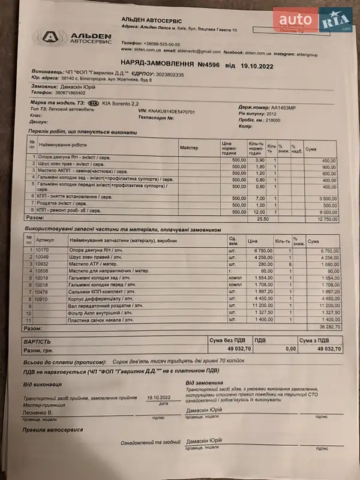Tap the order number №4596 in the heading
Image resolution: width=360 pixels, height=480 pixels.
pyautogui.click(x=207, y=64)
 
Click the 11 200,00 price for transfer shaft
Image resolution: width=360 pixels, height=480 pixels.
pyautogui.click(x=261, y=305)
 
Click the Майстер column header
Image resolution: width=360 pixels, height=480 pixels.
pyautogui.click(x=189, y=147)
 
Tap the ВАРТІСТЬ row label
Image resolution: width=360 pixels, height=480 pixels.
pyautogui.click(x=37, y=340)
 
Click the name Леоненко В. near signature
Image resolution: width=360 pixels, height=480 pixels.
pyautogui.click(x=38, y=413)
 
